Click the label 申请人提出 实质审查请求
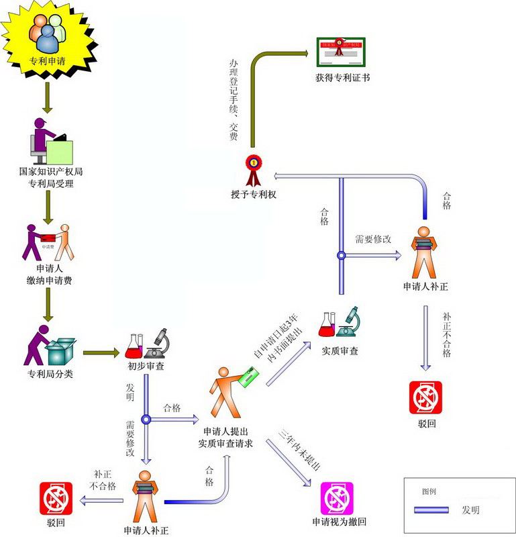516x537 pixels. coord(224,437)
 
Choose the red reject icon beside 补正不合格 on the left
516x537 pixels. coord(55,498)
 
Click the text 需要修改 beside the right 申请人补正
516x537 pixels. coord(373,239)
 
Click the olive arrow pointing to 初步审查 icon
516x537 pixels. coord(101,352)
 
